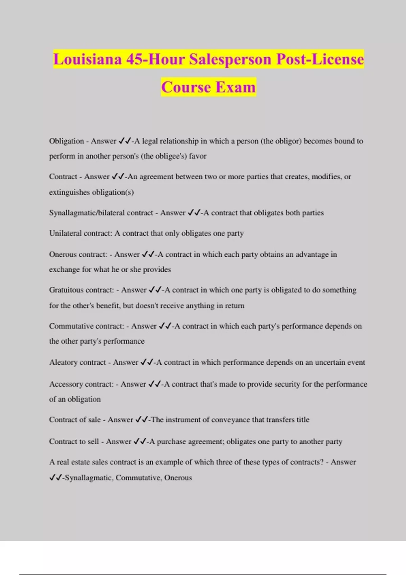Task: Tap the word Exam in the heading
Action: click(235, 87)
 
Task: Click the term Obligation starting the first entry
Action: click(66, 141)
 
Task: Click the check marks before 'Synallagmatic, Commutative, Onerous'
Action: click(55, 478)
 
